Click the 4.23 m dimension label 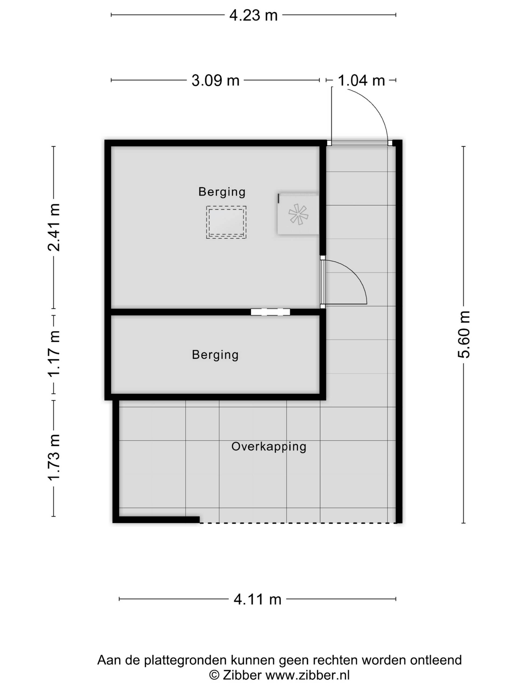tap(253, 15)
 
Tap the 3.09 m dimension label tap(215, 81)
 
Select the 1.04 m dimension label tap(361, 81)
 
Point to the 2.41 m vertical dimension tap(54, 227)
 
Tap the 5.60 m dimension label tap(464, 335)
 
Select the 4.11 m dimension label tap(257, 599)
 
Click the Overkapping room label tap(269, 447)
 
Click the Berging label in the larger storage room tap(222, 192)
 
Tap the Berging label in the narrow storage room tap(215, 355)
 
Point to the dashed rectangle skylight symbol tap(226, 222)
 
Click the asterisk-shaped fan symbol tap(298, 214)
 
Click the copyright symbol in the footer tap(214, 675)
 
